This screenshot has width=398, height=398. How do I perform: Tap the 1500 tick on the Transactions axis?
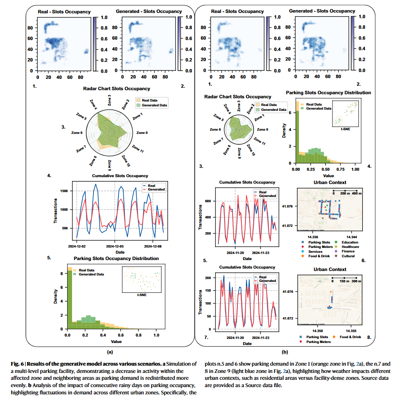point(64,190)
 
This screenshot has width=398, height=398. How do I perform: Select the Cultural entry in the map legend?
point(348,256)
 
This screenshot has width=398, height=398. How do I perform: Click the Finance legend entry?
point(348,251)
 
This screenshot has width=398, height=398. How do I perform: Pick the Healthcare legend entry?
point(350,247)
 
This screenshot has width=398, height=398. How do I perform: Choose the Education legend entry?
point(349,242)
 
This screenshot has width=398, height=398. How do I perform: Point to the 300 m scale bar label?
point(356,281)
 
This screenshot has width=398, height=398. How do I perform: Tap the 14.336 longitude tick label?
point(313,237)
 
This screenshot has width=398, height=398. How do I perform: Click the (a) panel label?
point(110,352)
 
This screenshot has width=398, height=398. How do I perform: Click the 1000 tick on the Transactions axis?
point(64,209)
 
